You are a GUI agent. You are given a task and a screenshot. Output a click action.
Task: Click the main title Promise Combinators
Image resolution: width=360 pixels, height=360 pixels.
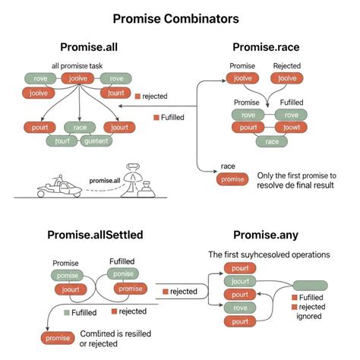click(x=180, y=17)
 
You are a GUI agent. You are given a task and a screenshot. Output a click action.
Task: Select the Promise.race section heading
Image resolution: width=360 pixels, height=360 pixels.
click(x=265, y=48)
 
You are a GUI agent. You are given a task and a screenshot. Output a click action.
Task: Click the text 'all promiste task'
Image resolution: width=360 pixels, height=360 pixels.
click(x=77, y=67)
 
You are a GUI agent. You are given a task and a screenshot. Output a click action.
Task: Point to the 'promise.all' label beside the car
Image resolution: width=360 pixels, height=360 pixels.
click(x=105, y=180)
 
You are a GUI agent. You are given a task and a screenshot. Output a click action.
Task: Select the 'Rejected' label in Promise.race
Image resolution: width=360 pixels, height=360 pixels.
click(x=286, y=66)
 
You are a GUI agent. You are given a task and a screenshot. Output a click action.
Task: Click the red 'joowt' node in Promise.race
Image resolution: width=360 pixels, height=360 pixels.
click(x=287, y=128)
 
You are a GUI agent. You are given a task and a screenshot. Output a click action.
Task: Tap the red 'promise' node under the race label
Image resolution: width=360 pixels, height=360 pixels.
click(x=232, y=179)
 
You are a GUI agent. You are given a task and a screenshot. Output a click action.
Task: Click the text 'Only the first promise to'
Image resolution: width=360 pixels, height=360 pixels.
click(x=298, y=175)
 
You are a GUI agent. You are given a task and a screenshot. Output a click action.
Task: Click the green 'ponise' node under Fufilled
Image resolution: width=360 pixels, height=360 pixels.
click(x=125, y=274)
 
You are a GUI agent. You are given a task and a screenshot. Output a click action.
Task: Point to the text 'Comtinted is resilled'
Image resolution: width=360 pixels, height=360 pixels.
click(x=114, y=334)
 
